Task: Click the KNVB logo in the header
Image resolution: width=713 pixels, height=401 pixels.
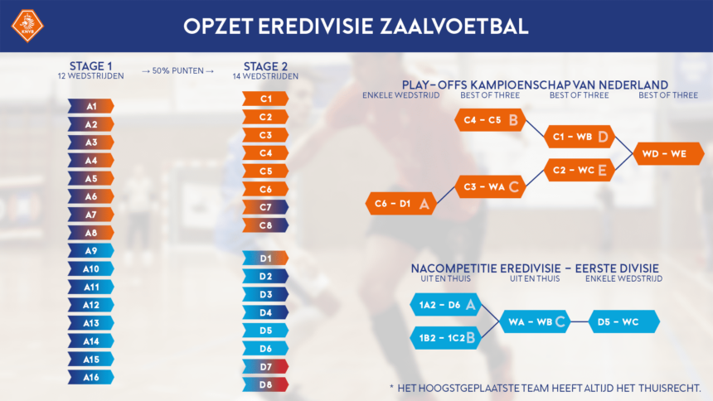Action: [27, 26]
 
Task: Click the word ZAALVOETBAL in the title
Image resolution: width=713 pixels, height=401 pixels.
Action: [454, 27]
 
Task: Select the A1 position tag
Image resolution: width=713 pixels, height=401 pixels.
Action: [91, 106]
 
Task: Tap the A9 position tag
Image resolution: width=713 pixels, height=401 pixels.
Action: [91, 250]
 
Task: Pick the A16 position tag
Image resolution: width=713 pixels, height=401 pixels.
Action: [91, 377]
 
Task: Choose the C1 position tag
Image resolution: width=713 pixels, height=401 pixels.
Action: [265, 99]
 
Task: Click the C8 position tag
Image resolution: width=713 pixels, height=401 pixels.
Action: [265, 225]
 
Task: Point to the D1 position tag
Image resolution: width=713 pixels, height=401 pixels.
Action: [265, 258]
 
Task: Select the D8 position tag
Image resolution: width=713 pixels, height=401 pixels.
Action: [265, 384]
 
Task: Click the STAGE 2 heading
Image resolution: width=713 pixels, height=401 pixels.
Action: [265, 66]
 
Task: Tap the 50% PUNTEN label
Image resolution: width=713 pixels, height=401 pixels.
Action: [177, 71]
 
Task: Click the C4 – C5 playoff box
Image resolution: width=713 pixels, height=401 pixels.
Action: [490, 120]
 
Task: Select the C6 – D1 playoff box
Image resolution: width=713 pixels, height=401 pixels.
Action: [401, 203]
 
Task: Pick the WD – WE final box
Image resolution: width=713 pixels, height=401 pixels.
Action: [668, 153]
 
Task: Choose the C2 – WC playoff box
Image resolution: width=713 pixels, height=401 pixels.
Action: [580, 170]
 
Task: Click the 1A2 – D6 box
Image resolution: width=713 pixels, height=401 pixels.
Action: [446, 305]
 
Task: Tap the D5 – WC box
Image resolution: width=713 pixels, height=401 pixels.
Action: [623, 321]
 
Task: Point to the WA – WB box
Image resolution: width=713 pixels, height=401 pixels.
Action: [535, 321]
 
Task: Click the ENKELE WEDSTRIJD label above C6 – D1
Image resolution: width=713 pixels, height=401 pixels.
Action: [401, 95]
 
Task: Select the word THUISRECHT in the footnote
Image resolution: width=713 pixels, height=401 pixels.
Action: [670, 389]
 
